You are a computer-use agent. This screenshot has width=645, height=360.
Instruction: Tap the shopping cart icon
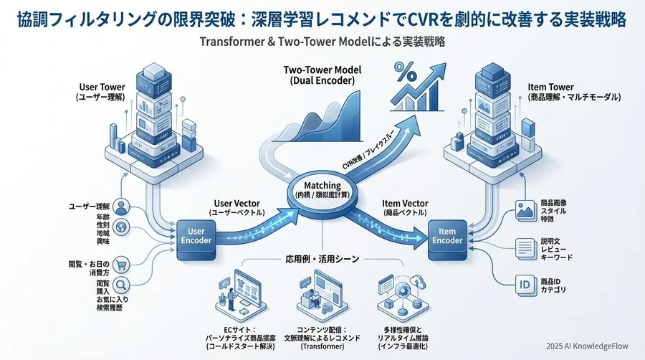[x=121, y=263]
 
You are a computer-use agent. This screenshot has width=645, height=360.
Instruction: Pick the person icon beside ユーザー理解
[x=121, y=207]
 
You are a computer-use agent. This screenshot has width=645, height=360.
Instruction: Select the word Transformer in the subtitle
[x=231, y=42]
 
